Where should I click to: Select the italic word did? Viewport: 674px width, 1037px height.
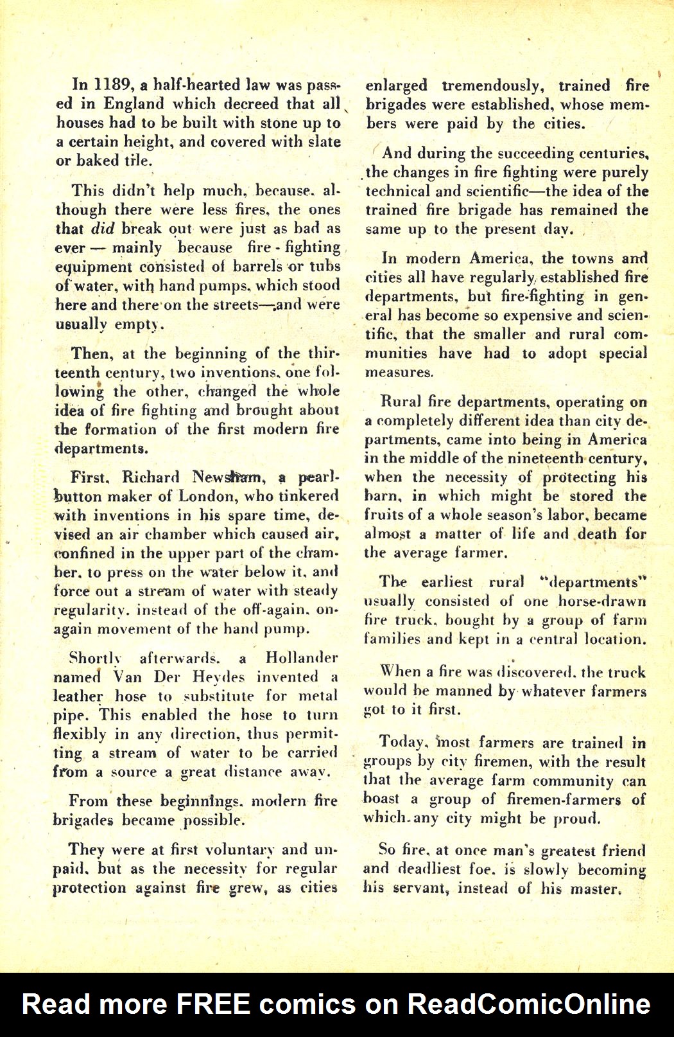(x=102, y=228)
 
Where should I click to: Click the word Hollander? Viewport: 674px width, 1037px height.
(x=301, y=658)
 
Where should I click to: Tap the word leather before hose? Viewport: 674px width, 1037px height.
(x=78, y=696)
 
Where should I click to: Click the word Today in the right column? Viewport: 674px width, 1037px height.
(x=402, y=742)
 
